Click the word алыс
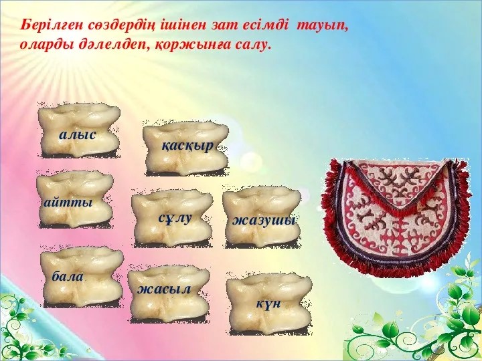pyautogui.click(x=78, y=135)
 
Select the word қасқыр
pyautogui.click(x=187, y=146)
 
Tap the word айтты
pyautogui.click(x=68, y=203)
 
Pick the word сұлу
pyautogui.click(x=175, y=218)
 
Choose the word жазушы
pyautogui.click(x=264, y=220)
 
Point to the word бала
pyautogui.click(x=68, y=276)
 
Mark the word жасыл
pyautogui.click(x=164, y=289)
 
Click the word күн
pyautogui.click(x=268, y=304)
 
